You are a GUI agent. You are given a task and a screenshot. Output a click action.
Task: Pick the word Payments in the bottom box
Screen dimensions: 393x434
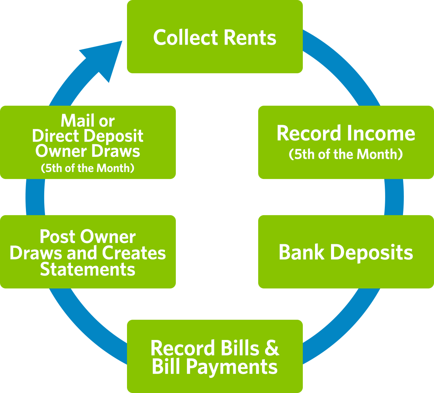231,367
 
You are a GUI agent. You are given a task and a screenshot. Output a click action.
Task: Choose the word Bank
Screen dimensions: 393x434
301,252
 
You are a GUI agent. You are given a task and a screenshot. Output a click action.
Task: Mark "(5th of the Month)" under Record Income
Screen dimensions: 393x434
346,155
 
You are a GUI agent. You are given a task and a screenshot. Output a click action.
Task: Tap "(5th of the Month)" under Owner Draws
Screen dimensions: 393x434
87,168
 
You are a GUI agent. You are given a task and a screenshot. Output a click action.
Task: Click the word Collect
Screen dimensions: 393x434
185,38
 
